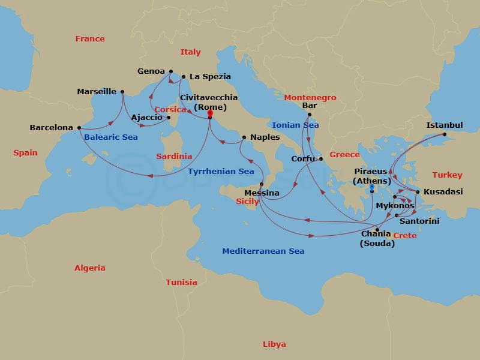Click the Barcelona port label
(x=51, y=128)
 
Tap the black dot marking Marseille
(x=122, y=92)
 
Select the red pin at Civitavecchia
(x=210, y=113)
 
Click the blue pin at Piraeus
(x=372, y=188)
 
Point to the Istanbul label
(x=444, y=125)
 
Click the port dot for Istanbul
(x=445, y=134)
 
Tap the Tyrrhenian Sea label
(x=221, y=172)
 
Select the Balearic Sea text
(x=110, y=137)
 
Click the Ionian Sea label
(x=295, y=125)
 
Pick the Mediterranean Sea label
(x=263, y=251)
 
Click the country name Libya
(x=274, y=344)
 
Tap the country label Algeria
(x=89, y=268)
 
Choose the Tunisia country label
(x=181, y=282)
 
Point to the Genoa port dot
(x=171, y=71)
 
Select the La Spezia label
(x=210, y=77)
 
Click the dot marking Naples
(x=244, y=137)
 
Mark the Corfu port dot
(x=321, y=159)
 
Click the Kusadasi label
(x=443, y=192)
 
